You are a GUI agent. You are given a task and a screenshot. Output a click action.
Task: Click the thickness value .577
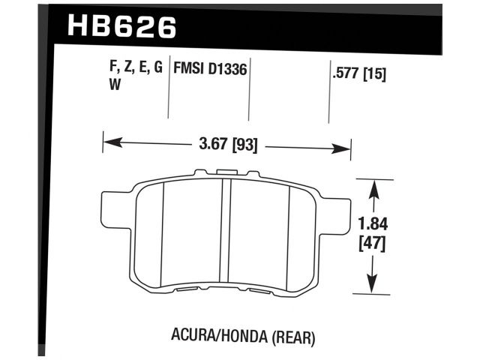coord(343,75)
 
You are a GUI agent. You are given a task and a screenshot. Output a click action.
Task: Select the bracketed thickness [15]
coord(373,75)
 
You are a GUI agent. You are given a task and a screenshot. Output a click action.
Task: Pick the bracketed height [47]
coord(373,243)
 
